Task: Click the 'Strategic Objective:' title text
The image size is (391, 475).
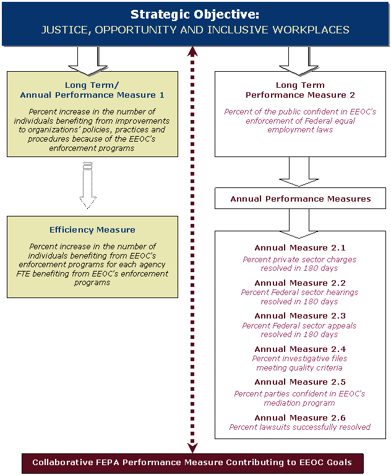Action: pyautogui.click(x=195, y=14)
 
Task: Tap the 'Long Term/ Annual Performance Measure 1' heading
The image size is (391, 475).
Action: pyautogui.click(x=92, y=90)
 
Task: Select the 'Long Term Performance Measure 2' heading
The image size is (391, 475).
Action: pyautogui.click(x=300, y=90)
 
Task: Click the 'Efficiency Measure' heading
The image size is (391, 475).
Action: pyautogui.click(x=92, y=229)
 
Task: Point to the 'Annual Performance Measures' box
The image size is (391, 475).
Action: pyautogui.click(x=300, y=199)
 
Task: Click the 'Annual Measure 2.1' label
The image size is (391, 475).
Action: pyautogui.click(x=300, y=248)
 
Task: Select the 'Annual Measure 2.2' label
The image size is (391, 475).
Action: pyautogui.click(x=300, y=283)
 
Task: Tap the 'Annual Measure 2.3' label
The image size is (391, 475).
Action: pyautogui.click(x=300, y=316)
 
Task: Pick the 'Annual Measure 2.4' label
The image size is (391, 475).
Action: pyautogui.click(x=300, y=349)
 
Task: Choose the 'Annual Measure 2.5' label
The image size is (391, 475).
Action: pyautogui.click(x=300, y=382)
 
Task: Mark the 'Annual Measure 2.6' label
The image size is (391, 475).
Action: pyautogui.click(x=300, y=417)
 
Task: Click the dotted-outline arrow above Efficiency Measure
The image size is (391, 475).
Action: pyautogui.click(x=88, y=186)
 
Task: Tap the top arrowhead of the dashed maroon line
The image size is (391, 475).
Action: pyautogui.click(x=192, y=51)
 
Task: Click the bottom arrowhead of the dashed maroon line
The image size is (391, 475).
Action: pyautogui.click(x=192, y=448)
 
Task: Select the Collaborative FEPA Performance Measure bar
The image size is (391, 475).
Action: pyautogui.click(x=192, y=463)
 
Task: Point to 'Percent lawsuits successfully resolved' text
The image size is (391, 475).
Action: pyautogui.click(x=300, y=427)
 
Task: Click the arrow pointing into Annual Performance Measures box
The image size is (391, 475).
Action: pyautogui.click(x=299, y=172)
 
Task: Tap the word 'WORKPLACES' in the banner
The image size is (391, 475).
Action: pyautogui.click(x=311, y=30)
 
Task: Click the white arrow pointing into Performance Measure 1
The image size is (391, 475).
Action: pyautogui.click(x=88, y=61)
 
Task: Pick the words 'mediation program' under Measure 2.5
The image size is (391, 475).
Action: pyautogui.click(x=299, y=403)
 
